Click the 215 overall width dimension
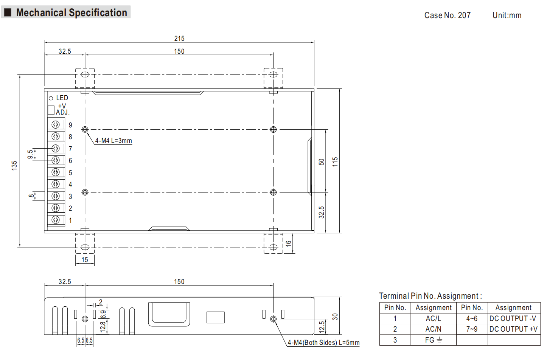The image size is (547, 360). click(179, 39)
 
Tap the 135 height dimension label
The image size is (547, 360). click(14, 166)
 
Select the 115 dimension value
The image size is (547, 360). click(335, 162)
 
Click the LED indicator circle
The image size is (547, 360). click(51, 98)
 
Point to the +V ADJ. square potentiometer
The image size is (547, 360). click(51, 110)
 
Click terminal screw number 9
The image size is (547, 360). click(56, 125)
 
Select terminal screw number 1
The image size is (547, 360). click(56, 220)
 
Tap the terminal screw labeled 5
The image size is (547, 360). click(56, 172)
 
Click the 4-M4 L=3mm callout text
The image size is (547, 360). click(113, 141)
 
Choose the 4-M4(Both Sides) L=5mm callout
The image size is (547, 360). click(323, 343)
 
